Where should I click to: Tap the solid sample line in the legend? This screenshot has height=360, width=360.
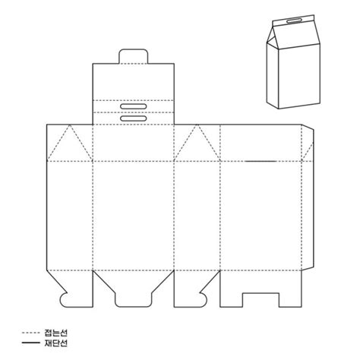coord(31,343)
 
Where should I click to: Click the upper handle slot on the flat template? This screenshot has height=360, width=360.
coord(134,106)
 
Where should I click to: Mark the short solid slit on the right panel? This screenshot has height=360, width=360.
coord(261,160)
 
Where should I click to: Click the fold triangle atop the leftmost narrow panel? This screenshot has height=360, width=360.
coord(70,144)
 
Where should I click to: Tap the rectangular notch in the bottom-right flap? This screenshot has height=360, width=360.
coord(262,298)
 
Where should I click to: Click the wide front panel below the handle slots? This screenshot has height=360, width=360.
coord(134,213)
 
